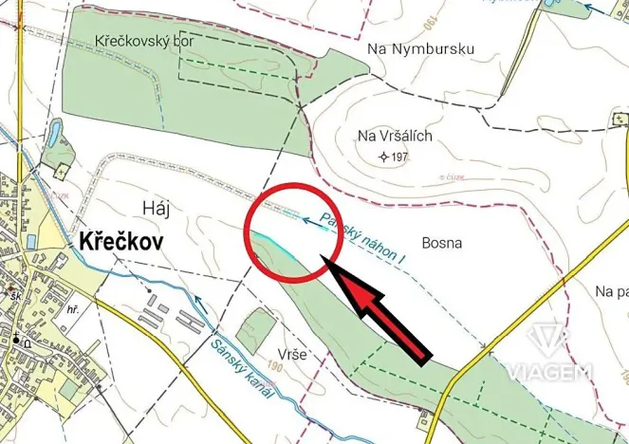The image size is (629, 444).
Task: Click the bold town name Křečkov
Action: [117, 242]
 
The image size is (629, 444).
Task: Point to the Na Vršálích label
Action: [395, 136]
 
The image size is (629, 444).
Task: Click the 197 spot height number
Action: [399, 157]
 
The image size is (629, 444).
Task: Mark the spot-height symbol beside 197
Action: [383, 157]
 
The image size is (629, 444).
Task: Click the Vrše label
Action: [292, 354]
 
